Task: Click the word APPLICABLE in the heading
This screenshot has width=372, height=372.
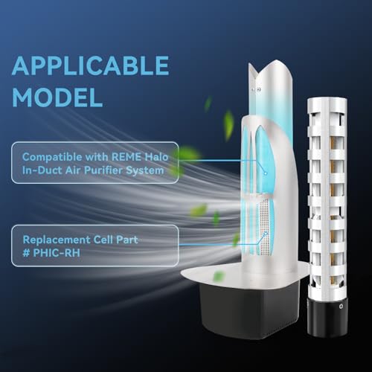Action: click(x=91, y=65)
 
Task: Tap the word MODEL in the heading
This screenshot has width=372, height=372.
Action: click(x=57, y=97)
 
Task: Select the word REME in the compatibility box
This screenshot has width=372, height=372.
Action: click(x=126, y=157)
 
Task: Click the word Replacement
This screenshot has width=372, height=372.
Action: click(x=57, y=240)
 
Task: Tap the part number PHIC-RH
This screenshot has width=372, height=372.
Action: click(x=57, y=253)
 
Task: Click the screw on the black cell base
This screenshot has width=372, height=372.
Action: click(x=341, y=307)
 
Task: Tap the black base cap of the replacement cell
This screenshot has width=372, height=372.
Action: click(x=327, y=315)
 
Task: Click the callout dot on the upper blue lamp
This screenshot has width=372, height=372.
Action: click(x=266, y=173)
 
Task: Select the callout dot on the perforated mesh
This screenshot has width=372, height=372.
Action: click(x=266, y=233)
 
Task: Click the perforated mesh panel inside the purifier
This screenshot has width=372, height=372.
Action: click(x=264, y=228)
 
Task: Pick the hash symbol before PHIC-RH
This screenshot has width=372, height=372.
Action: click(x=26, y=253)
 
